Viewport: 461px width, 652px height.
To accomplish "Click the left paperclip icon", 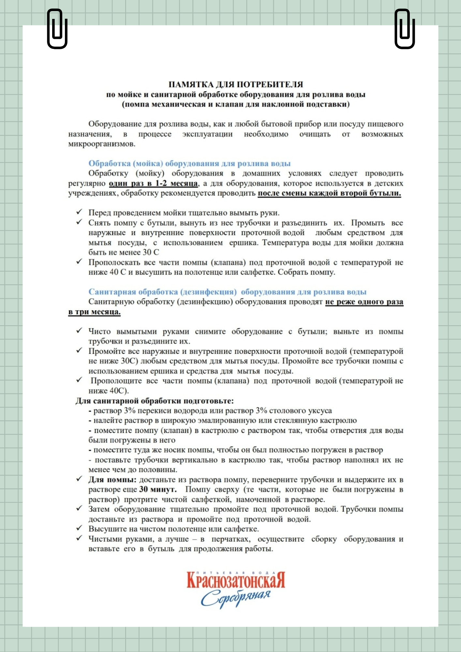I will click(x=57, y=29).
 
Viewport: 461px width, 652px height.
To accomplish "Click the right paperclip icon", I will click(x=405, y=29).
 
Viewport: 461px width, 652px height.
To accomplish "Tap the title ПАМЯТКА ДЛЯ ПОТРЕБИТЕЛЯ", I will click(x=236, y=84).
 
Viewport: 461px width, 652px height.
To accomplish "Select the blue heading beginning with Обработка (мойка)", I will click(x=189, y=163).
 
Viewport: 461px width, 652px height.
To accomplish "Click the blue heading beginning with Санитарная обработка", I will click(x=227, y=292).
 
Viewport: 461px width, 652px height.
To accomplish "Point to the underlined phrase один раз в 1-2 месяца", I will click(x=153, y=183).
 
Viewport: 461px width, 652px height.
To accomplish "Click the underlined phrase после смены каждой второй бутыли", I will click(x=329, y=193).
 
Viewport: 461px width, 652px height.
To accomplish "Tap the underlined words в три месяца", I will click(x=94, y=312).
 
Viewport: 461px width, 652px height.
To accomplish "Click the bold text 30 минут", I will click(x=158, y=489).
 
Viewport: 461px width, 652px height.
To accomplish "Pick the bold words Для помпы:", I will click(x=112, y=480).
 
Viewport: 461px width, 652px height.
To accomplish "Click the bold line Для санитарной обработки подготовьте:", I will click(x=155, y=401).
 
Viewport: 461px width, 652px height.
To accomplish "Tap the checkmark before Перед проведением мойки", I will click(x=79, y=212).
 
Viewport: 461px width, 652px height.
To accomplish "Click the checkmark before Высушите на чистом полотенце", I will click(x=79, y=528).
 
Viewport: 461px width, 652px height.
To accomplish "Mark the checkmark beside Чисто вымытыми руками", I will click(x=79, y=331).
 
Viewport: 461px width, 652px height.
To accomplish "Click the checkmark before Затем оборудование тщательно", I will click(x=79, y=509).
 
